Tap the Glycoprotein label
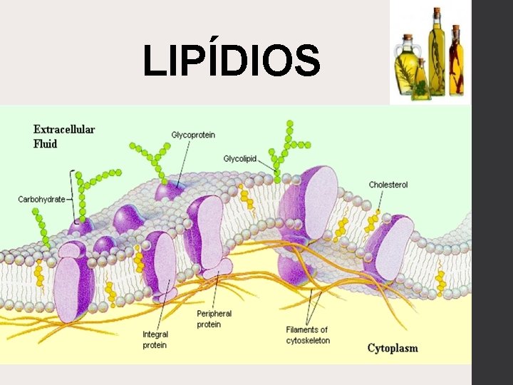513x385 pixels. pos(193,135)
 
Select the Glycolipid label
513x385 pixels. pos(241,158)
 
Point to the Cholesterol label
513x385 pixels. pos(388,185)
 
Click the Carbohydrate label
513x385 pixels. pos(41,199)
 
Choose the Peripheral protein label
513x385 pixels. pos(214,319)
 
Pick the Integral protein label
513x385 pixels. pos(155,339)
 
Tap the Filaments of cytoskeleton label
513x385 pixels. pos(308,334)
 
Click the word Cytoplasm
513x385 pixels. pos(393,348)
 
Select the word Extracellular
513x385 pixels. pos(64,130)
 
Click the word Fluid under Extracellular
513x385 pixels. pos(46,143)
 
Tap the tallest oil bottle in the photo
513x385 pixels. pos(436,53)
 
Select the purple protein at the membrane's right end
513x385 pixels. pos(389,246)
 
